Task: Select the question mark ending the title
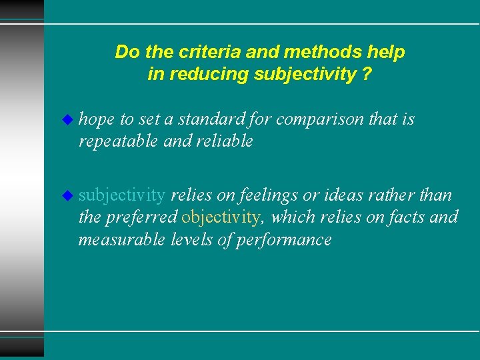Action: pos(367,74)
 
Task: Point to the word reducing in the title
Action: pos(210,74)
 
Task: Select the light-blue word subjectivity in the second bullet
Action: pos(122,195)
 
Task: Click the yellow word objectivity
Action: pos(221,217)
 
